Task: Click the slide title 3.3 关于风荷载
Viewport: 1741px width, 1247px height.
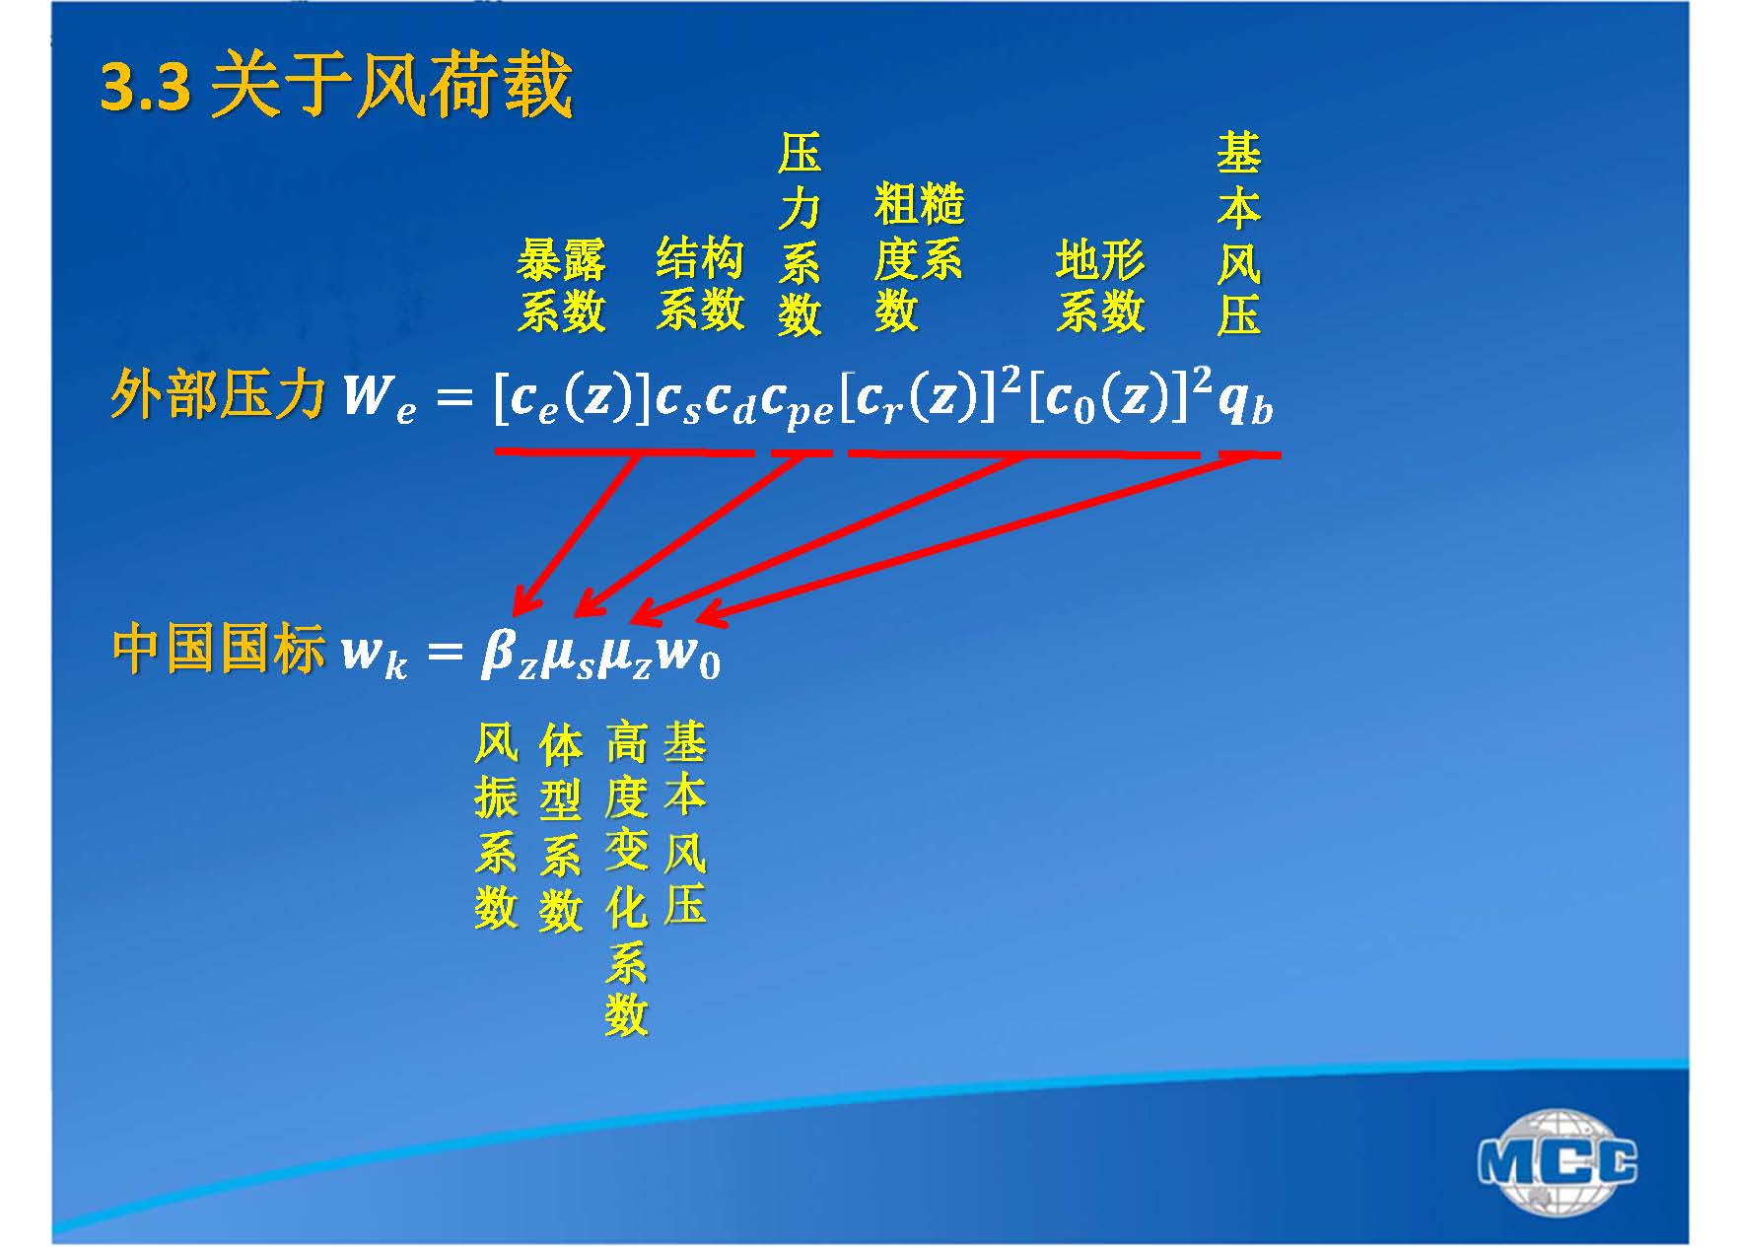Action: point(336,86)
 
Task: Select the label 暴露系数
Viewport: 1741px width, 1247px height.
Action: point(561,286)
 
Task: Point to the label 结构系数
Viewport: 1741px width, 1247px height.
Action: point(700,284)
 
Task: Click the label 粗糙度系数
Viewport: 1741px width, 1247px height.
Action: point(918,258)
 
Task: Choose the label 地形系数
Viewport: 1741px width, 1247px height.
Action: point(1100,286)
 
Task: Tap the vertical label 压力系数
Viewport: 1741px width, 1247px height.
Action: point(800,235)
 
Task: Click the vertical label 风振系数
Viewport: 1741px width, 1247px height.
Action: point(495,825)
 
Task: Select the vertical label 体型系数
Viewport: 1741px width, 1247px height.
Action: point(560,827)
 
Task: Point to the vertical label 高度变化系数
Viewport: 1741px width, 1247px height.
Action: point(626,878)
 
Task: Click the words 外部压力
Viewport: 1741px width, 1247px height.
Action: point(218,395)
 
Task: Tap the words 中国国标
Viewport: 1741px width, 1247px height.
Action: point(218,650)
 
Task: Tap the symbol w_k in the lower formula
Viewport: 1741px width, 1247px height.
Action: point(374,655)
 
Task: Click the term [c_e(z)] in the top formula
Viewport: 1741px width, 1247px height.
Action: point(572,399)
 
